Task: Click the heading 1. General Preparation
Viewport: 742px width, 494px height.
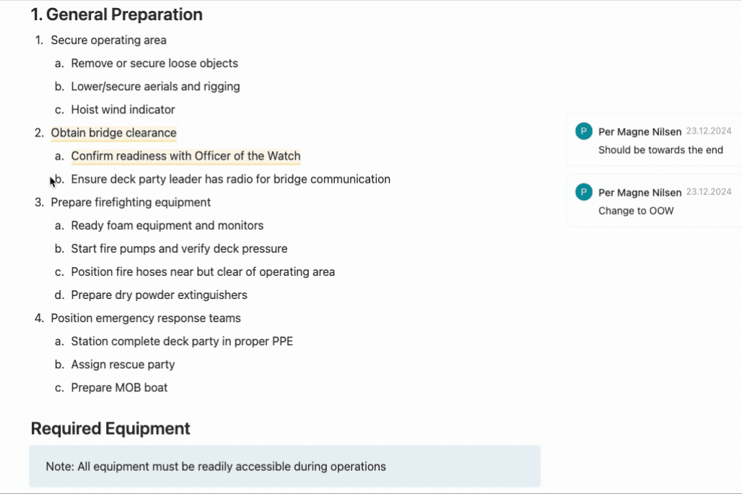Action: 116,14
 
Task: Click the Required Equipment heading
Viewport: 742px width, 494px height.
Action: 110,428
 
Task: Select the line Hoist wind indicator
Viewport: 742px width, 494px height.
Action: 123,110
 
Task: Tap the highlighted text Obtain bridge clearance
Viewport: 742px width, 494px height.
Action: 113,133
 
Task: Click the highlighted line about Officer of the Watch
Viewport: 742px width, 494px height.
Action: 185,156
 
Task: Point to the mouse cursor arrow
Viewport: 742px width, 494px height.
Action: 53,181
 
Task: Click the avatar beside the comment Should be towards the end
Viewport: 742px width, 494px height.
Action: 583,131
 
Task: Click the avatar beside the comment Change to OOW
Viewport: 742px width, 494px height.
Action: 583,192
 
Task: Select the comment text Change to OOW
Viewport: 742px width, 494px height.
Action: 636,211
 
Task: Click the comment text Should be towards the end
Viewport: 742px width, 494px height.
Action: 660,150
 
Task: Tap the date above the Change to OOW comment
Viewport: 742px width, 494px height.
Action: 708,192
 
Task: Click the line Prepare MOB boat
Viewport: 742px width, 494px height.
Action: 119,388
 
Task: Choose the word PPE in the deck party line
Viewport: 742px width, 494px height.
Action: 281,342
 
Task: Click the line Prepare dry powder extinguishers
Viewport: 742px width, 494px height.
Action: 159,295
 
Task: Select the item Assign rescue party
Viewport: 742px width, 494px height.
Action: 123,365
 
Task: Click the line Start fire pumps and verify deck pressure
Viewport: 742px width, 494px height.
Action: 179,249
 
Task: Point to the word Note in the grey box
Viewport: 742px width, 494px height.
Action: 58,467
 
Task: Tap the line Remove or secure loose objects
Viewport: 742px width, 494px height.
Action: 154,64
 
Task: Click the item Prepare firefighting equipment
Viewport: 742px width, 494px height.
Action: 131,202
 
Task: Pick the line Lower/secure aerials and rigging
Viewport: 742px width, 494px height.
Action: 155,87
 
